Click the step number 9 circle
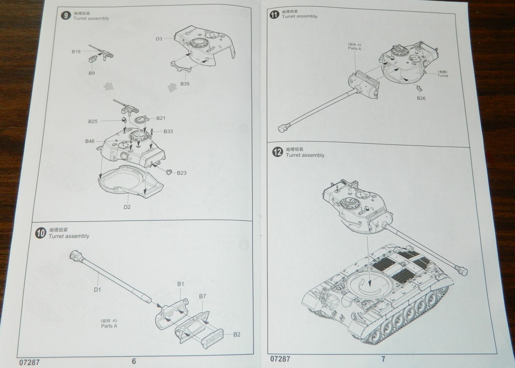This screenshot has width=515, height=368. (x=66, y=15)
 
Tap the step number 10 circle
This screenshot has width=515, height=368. (x=40, y=233)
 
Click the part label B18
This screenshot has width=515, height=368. (x=76, y=52)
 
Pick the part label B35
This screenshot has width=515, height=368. (x=185, y=84)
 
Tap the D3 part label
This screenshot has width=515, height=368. (x=159, y=39)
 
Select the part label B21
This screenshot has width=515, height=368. (x=161, y=118)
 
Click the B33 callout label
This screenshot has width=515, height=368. (x=168, y=131)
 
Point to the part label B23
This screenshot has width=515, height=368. (x=181, y=173)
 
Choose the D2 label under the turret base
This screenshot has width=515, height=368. (x=127, y=207)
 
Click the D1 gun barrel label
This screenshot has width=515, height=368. (x=97, y=290)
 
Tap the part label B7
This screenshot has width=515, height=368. (x=202, y=296)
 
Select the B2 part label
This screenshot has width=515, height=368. (x=237, y=335)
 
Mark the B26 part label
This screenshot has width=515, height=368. (x=421, y=98)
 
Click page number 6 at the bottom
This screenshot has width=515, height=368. (x=134, y=361)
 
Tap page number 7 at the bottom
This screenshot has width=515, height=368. (x=383, y=359)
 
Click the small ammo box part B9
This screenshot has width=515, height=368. (x=92, y=59)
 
